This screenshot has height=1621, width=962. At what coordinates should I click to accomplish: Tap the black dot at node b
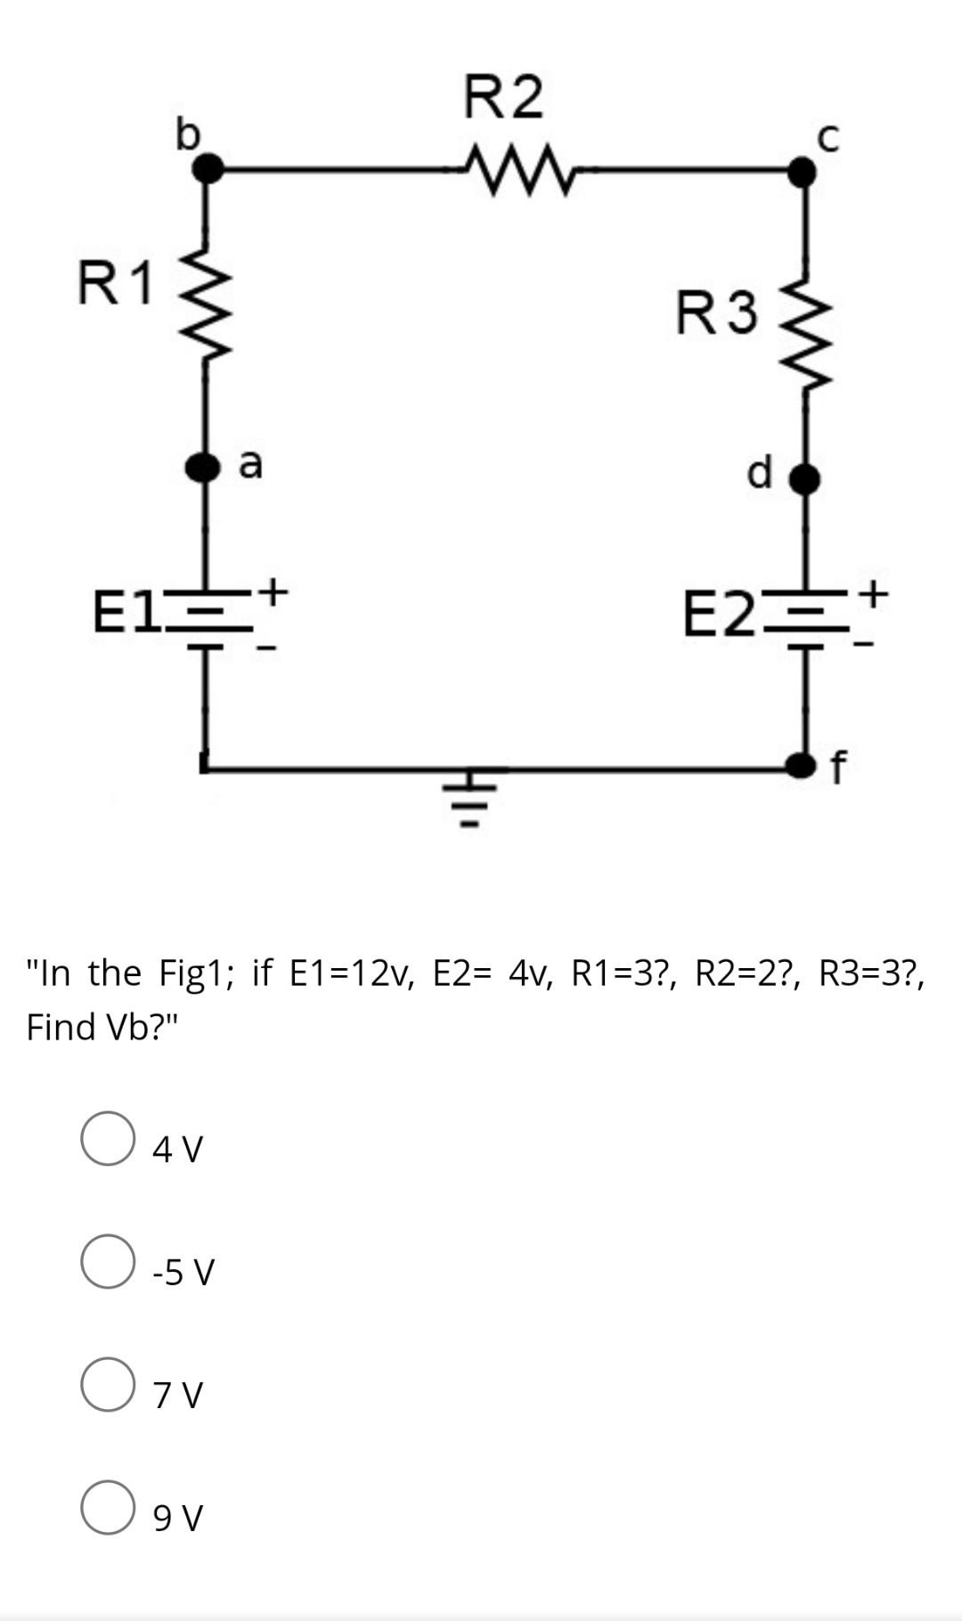click(208, 167)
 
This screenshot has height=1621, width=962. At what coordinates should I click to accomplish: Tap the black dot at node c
click(803, 171)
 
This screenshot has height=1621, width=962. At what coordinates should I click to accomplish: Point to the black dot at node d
click(805, 479)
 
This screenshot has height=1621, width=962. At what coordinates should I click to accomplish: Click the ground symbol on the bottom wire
click(473, 797)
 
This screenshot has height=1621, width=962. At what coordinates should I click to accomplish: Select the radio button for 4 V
click(108, 1138)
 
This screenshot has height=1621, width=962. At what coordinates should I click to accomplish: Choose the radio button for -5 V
click(108, 1261)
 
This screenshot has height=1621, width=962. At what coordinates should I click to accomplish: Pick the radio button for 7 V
click(108, 1384)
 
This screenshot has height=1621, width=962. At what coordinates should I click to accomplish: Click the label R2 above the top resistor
click(503, 96)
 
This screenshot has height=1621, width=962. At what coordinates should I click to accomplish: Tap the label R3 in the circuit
click(717, 314)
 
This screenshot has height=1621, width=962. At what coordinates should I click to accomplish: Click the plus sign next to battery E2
click(876, 590)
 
